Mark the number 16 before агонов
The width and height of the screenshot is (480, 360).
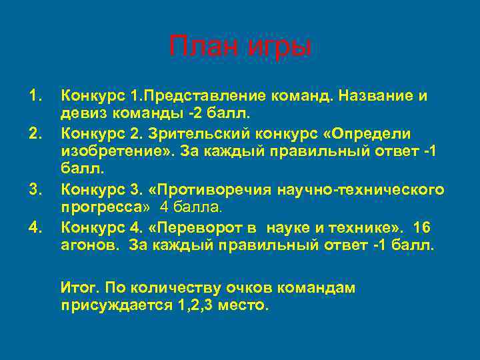422,229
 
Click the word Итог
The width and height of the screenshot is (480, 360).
79,288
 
